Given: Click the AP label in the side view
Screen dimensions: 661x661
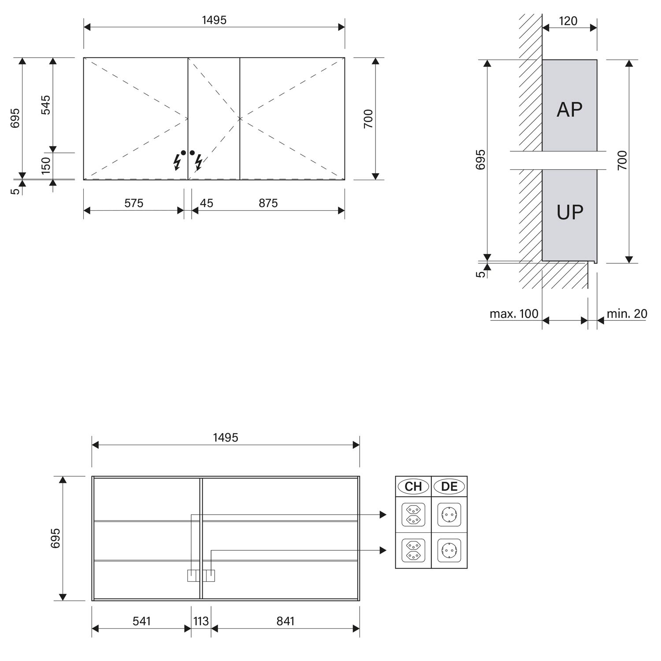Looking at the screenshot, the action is [x=569, y=110].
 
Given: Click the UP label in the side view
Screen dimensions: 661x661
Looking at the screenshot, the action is [x=570, y=212].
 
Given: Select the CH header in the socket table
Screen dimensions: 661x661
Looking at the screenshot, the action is [x=413, y=486].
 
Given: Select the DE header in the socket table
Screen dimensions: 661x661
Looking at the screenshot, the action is [x=449, y=486].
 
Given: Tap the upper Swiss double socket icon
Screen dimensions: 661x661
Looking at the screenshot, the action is [x=413, y=515].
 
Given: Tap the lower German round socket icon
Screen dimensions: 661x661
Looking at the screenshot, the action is [x=449, y=550].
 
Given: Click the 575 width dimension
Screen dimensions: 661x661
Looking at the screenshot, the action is [x=134, y=203].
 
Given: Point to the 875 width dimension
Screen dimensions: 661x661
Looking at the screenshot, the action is [x=268, y=203].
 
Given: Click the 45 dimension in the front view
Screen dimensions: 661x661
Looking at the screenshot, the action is [x=206, y=203].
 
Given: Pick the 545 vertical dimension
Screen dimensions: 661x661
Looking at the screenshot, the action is [x=46, y=105].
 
